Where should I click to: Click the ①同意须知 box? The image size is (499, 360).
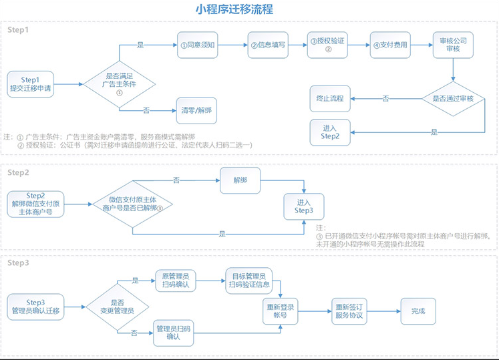point(198,45)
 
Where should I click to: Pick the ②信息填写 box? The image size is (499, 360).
point(268,45)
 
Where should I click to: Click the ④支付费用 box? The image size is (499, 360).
point(389,45)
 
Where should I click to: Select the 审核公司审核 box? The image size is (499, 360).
point(453,45)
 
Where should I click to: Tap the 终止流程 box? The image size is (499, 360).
point(330,98)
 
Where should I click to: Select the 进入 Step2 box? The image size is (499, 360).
point(330,132)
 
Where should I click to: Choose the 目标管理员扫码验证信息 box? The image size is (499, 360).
point(247,281)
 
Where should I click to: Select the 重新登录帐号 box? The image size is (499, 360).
point(279,311)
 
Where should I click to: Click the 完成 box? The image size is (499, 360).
point(418,311)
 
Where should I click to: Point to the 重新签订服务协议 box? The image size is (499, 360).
point(351,311)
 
